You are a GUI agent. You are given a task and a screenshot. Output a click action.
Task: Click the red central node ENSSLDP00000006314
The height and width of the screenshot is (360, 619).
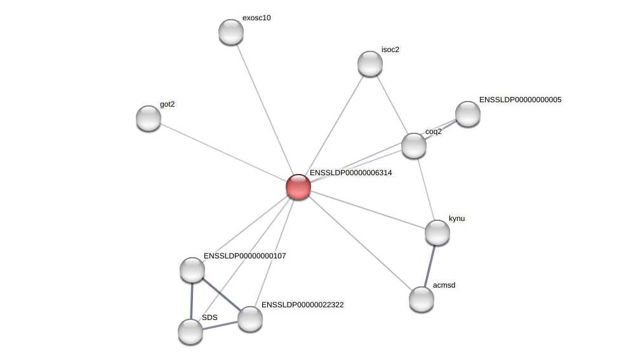(x=298, y=187)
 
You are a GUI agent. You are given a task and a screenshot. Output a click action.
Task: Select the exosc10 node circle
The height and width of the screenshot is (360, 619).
(x=231, y=32)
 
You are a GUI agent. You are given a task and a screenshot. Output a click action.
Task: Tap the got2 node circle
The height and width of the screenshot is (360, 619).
(x=149, y=118)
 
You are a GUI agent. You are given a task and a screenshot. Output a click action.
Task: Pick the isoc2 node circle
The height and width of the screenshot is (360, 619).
(x=370, y=63)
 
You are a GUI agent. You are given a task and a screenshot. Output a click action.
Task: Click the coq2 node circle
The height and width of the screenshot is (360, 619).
(x=414, y=145)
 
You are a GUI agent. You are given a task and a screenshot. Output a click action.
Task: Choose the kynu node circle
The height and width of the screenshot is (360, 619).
(x=437, y=232)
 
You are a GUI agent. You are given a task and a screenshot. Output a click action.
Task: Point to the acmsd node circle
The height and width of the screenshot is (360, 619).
(x=422, y=299)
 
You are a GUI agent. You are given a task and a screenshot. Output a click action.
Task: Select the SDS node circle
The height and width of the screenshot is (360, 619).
(x=190, y=331)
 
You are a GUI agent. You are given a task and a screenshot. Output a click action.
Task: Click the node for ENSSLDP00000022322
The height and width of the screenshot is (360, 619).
(x=250, y=319)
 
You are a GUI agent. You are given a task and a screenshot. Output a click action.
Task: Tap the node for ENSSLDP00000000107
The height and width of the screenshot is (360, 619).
(x=192, y=270)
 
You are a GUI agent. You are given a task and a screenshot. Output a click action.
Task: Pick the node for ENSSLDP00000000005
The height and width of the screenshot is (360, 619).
(x=468, y=114)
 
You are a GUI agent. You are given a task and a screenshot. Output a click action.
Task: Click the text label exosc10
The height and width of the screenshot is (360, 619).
(x=256, y=18)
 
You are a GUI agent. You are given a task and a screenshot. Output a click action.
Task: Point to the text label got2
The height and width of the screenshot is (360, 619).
(x=167, y=104)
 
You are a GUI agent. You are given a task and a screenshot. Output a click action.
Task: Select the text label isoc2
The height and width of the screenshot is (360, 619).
(x=390, y=50)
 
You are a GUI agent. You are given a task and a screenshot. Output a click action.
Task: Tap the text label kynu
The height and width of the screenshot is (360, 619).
(x=456, y=218)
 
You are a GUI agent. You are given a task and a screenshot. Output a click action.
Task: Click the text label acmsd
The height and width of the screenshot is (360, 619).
(x=444, y=285)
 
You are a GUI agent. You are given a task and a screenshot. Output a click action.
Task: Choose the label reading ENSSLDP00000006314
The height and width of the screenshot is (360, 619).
(x=350, y=173)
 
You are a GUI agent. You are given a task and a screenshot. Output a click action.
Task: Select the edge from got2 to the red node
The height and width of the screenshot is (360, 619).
(x=223, y=152)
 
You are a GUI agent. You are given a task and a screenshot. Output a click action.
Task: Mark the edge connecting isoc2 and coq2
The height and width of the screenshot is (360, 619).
(x=392, y=105)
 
